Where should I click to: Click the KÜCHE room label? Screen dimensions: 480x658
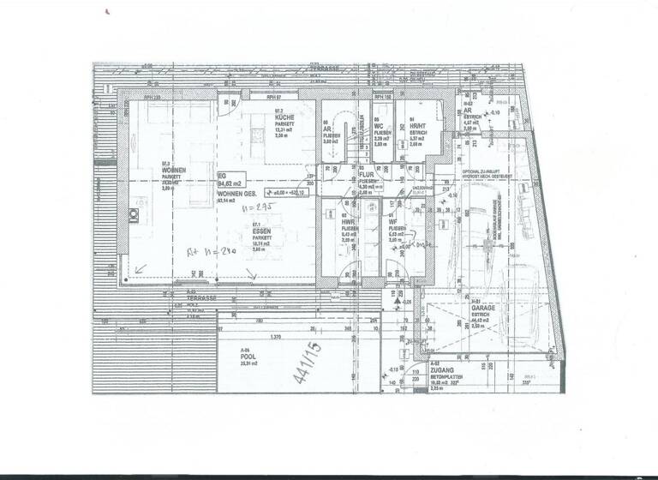[x=284, y=117]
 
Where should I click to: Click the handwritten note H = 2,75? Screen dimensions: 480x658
[x=254, y=207]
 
